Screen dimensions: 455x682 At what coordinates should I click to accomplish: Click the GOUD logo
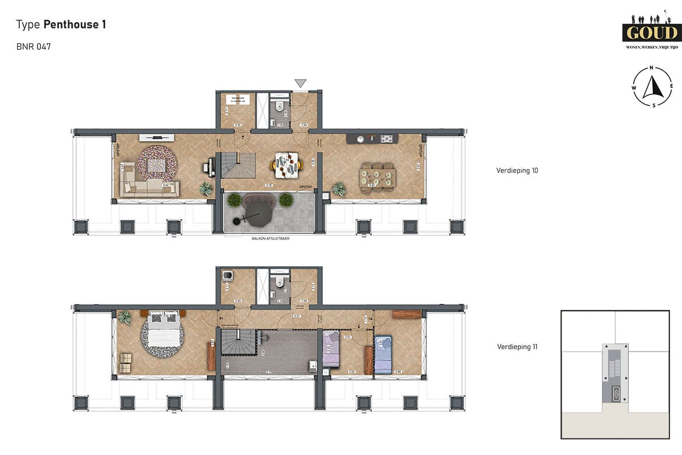651,32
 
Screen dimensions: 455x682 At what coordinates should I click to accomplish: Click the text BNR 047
34,47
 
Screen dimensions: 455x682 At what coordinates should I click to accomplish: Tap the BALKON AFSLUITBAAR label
271,239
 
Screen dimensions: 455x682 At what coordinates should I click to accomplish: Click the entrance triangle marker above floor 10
300,84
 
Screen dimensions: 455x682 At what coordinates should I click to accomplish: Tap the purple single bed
331,351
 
